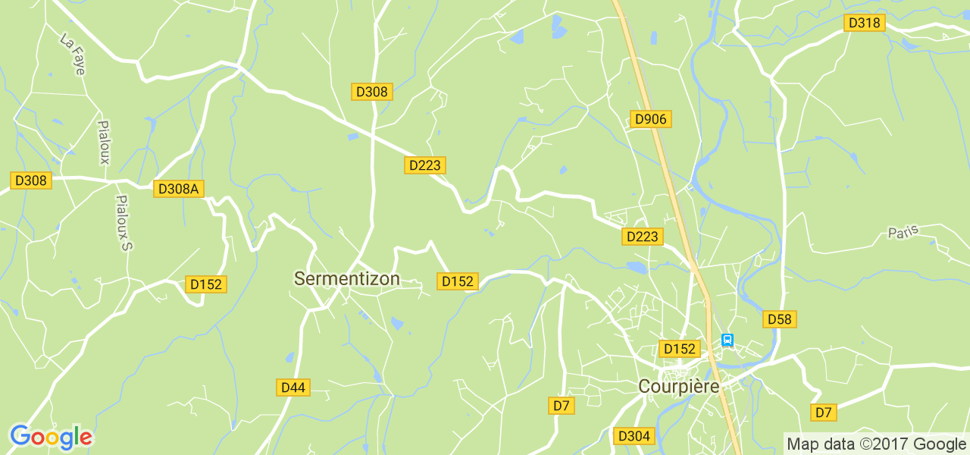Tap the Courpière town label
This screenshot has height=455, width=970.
pos(678,386)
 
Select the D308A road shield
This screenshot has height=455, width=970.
pos(180,189)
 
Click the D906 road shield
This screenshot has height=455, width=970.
pos(650,119)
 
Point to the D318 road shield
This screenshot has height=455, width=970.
pos(865,23)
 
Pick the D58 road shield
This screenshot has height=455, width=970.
pos(779,319)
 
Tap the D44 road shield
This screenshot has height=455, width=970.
pos(293,388)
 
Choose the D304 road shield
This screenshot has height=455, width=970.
pos(634,436)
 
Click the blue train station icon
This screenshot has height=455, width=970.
pos(727,340)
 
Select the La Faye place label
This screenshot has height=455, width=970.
pos(73,52)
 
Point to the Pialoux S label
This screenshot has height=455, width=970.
pos(124,223)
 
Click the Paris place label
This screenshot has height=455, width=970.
pos(903,231)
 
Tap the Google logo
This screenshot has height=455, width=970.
pos(51,438)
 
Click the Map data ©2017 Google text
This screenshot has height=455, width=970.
pos(875,444)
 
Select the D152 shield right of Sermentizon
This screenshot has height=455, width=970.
pos(457,281)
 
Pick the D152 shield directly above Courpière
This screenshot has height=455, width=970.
pos(678,349)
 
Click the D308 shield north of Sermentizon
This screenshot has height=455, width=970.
pos(371,92)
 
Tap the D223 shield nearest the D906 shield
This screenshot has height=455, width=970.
pos(642,237)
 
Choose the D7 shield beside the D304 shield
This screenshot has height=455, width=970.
pos(561,406)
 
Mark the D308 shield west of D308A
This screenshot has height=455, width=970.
pos(31,180)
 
